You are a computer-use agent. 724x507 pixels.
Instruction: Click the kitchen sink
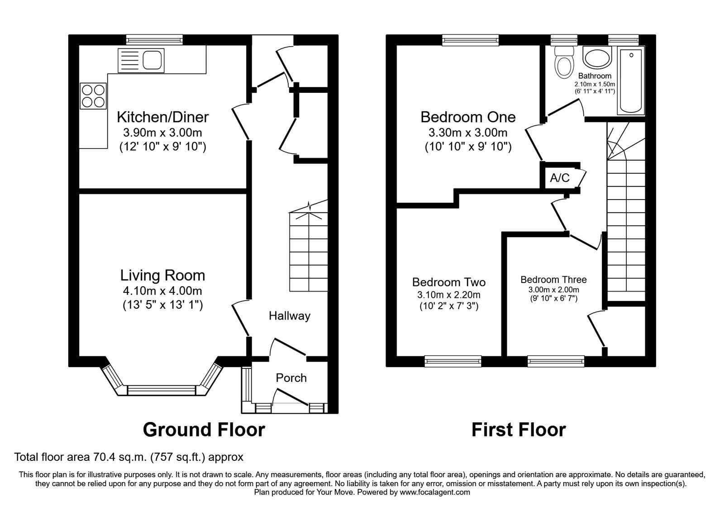141,60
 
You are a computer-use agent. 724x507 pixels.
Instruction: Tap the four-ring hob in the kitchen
93,96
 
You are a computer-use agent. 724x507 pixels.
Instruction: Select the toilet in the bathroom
564,62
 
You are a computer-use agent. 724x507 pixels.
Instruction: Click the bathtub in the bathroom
631,80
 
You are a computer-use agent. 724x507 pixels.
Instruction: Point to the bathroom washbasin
597,57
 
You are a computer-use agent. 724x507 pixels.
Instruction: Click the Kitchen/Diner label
162,117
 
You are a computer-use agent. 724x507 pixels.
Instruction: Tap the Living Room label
162,276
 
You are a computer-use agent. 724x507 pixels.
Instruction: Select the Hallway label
290,316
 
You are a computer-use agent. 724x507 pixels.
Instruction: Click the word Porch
291,378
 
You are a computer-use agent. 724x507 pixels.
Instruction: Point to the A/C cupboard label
559,178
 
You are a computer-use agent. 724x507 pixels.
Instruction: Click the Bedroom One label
468,117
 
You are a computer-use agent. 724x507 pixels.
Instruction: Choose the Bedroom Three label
553,280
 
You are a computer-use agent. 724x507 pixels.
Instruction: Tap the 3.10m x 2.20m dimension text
448,295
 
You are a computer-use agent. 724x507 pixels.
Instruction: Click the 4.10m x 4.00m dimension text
162,291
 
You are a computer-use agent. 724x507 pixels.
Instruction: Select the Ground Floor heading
204,430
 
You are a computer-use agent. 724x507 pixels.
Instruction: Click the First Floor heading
519,430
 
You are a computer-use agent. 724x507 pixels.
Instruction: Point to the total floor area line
129,457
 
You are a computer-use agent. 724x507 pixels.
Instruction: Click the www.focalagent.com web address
435,493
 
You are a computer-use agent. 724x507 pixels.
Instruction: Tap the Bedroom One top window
470,40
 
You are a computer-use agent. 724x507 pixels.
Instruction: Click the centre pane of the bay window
162,390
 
